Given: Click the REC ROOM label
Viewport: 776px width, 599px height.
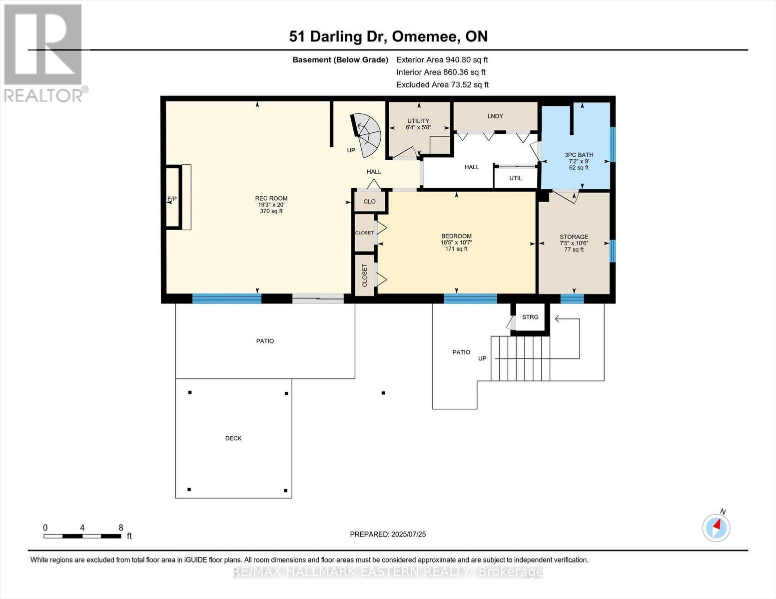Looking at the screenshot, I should coord(271,198).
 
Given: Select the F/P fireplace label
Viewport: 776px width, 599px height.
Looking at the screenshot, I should coord(172,199).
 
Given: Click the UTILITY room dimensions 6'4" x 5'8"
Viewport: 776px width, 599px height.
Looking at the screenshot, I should coord(418,127).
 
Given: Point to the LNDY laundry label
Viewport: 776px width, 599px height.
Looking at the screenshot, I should coord(495,116).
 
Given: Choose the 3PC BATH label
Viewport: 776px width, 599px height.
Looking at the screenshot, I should coord(579,155).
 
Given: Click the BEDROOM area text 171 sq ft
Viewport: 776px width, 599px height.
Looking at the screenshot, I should coord(456,249).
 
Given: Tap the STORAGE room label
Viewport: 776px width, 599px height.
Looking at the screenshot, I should coord(574,237).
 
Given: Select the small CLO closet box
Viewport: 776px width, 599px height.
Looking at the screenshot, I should coord(369,202).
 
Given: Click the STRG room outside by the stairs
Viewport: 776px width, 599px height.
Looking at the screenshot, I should coord(530,317).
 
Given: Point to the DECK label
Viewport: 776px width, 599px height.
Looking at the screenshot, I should coord(233,438).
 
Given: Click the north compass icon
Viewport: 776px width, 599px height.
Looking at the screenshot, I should coord(716,527).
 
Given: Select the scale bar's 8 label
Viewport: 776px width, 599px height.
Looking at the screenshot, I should coord(121,528).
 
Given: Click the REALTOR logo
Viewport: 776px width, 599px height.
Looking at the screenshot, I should coord(44,52).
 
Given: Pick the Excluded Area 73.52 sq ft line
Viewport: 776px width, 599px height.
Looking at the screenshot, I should coord(442,85).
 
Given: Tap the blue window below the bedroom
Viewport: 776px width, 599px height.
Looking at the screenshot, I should coord(470,299).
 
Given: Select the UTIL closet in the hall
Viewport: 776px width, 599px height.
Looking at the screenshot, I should coord(516,178).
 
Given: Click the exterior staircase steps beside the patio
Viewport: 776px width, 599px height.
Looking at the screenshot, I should coord(520,358).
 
